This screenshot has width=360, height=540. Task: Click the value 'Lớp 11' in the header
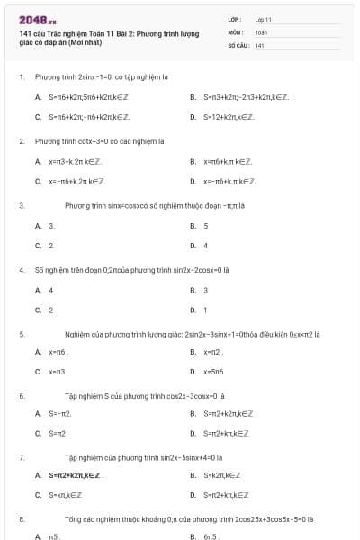coord(264,19)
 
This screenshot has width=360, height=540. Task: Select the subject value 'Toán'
coord(261,31)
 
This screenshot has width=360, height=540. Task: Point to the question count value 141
coord(259,44)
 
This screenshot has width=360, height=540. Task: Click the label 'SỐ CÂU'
coord(237,44)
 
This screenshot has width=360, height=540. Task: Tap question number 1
coord(21,76)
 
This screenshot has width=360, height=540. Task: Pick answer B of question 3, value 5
coord(205,226)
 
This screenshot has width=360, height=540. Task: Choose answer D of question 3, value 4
coord(205,245)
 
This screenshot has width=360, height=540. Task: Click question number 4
coord(21,270)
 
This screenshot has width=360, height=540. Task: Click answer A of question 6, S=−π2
coord(60,414)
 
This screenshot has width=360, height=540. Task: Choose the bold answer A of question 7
coord(76,475)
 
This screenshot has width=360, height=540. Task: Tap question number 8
coord(21,519)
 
